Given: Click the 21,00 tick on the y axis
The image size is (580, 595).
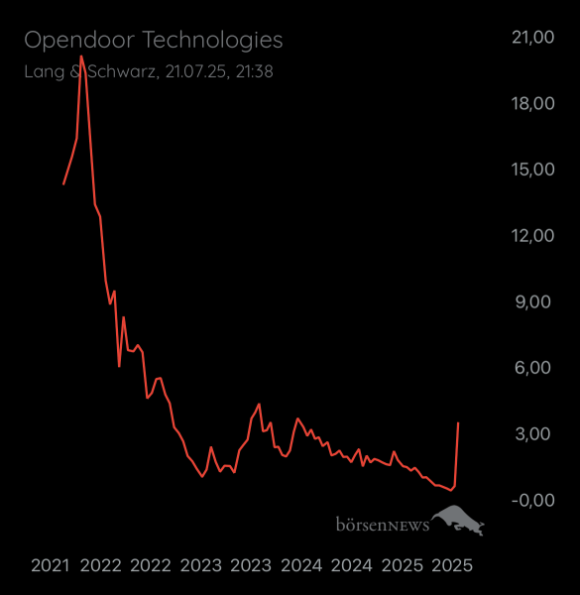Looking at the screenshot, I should coord(532,38).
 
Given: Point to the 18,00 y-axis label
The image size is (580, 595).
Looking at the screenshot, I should coord(532,104).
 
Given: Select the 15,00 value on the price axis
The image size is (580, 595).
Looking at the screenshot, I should coord(532,170).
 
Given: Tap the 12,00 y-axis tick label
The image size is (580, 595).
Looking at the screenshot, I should coord(532,236).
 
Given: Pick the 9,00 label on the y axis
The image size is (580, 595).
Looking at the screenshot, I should coord(532,302).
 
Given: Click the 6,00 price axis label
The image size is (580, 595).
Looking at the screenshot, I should coord(532,368).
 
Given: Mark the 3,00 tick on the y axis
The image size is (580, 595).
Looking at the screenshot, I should coord(532,434).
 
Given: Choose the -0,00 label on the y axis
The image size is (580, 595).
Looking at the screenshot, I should coord(532,500).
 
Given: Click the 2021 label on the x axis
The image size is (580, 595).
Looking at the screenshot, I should coord(50,566).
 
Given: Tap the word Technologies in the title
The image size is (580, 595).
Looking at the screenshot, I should coord(212,41).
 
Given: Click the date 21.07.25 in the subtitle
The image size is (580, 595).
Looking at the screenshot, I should coord(194,71).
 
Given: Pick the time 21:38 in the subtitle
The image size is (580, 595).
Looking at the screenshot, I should coord(255,71).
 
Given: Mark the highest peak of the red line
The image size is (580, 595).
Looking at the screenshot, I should coord(81,57).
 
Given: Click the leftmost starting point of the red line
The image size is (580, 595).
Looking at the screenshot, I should coord(63,183).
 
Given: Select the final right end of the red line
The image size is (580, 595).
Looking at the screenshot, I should coord(458,423).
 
